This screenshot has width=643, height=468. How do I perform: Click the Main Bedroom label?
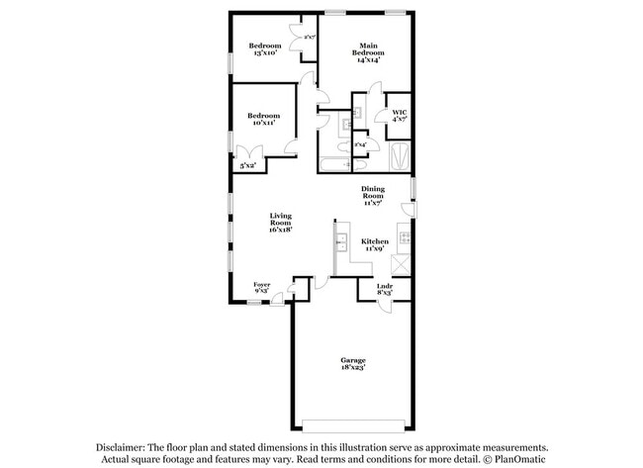(x=368, y=52)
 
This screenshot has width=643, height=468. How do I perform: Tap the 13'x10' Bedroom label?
(x=265, y=49)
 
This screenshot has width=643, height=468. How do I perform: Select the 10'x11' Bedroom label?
(x=264, y=120)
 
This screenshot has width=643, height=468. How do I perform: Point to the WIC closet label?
(x=399, y=115)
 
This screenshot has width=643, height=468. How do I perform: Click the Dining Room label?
(x=372, y=195)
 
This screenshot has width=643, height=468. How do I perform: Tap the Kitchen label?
(x=374, y=245)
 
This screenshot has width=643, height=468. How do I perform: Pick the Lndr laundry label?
(x=386, y=290)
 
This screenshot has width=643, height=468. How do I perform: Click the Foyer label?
(x=261, y=288)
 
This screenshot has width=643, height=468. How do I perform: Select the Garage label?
(x=354, y=363)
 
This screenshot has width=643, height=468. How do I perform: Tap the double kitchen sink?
(x=339, y=241)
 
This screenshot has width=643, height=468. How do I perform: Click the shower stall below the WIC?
(x=399, y=156)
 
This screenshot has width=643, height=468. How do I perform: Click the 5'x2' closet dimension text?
(x=247, y=166)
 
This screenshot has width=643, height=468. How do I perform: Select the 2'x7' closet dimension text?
(x=310, y=38)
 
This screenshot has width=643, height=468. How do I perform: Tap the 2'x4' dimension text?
(x=361, y=144)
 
